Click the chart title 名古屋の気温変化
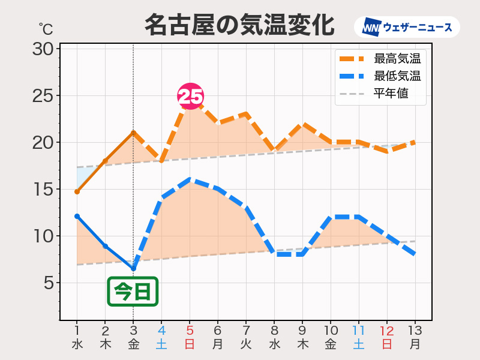[239, 25]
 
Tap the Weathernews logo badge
[407, 27]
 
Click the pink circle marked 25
[190, 96]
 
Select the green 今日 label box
[133, 292]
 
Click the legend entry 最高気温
[397, 59]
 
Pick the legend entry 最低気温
[397, 76]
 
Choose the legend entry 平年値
[391, 94]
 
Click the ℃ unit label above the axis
[46, 28]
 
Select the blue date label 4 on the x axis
[161, 331]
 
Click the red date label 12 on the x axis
[387, 331]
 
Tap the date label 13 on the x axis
[415, 331]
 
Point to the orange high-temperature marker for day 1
[77, 192]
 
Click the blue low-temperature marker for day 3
[133, 268]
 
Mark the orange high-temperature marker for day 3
[133, 133]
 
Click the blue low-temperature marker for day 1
[77, 216]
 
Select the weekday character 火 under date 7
[246, 344]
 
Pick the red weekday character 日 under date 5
[190, 344]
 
